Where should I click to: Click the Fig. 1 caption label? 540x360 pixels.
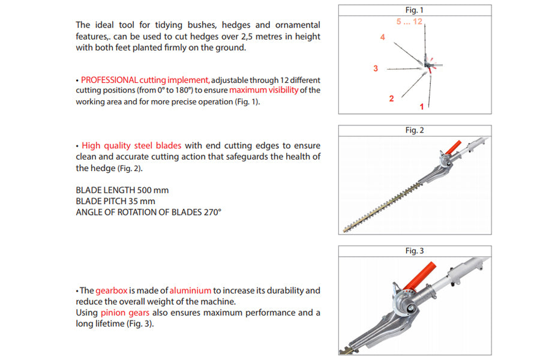414,10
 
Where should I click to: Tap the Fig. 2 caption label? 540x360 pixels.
414,130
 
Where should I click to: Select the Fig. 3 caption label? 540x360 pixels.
414,251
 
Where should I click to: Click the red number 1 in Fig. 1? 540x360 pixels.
422,106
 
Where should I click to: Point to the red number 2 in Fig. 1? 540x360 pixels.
391,98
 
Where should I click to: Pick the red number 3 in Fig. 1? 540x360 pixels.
376,68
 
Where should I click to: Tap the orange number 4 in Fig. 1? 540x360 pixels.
382,37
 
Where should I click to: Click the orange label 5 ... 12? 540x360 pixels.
410,22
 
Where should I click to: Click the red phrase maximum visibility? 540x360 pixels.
263,91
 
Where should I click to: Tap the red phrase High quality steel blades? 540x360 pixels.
131,145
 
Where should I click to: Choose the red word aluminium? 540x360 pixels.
190,290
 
